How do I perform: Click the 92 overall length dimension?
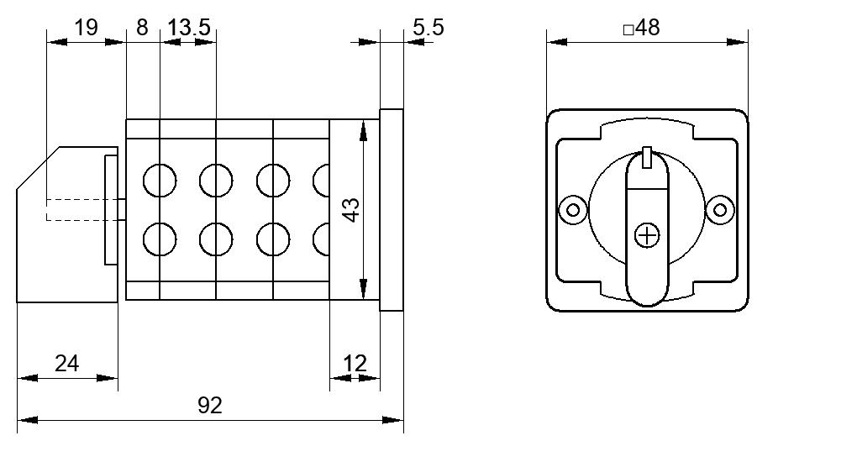210,406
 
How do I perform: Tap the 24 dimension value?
66,364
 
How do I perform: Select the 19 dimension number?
86,28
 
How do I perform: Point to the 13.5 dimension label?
189,28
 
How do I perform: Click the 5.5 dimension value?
428,28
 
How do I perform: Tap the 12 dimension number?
355,364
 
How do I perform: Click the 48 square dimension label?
649,28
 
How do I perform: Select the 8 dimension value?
142,28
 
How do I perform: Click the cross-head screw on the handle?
647,236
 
